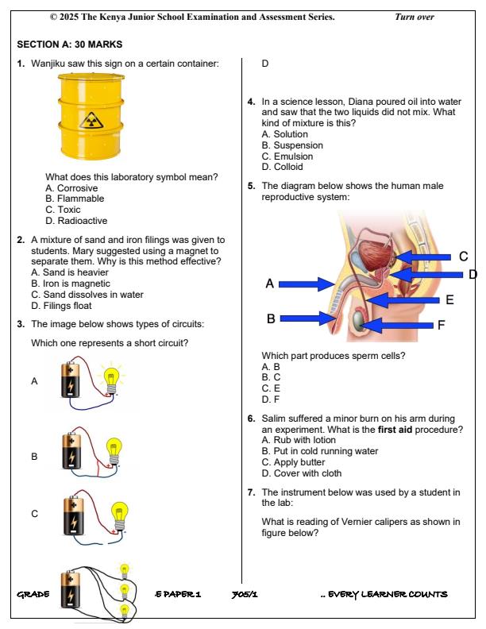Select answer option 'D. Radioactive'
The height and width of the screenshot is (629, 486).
(x=76, y=221)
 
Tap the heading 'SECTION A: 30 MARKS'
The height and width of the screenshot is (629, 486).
(x=69, y=44)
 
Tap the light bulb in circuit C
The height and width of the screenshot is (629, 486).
(x=120, y=514)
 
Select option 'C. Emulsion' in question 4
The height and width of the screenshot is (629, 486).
(x=287, y=156)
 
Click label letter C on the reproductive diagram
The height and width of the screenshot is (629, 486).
(x=463, y=256)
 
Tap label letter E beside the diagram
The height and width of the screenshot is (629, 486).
(x=449, y=299)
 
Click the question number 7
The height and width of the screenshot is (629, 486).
(x=251, y=492)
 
